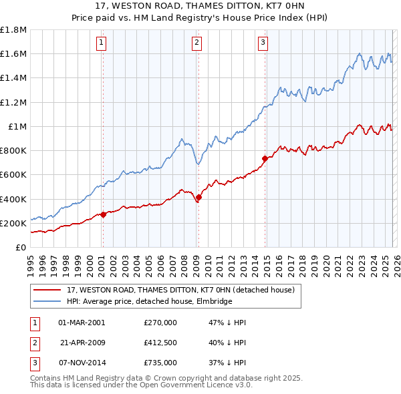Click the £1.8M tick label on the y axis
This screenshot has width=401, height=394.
[13, 30]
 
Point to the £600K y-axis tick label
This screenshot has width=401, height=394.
[13, 175]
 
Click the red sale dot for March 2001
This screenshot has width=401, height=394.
[103, 214]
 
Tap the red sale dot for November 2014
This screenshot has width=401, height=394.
[265, 158]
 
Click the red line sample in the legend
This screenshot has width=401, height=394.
[48, 290]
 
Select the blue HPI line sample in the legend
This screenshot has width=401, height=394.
[48, 301]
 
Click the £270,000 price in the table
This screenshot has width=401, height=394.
[160, 323]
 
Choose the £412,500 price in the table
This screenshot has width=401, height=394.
[160, 343]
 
